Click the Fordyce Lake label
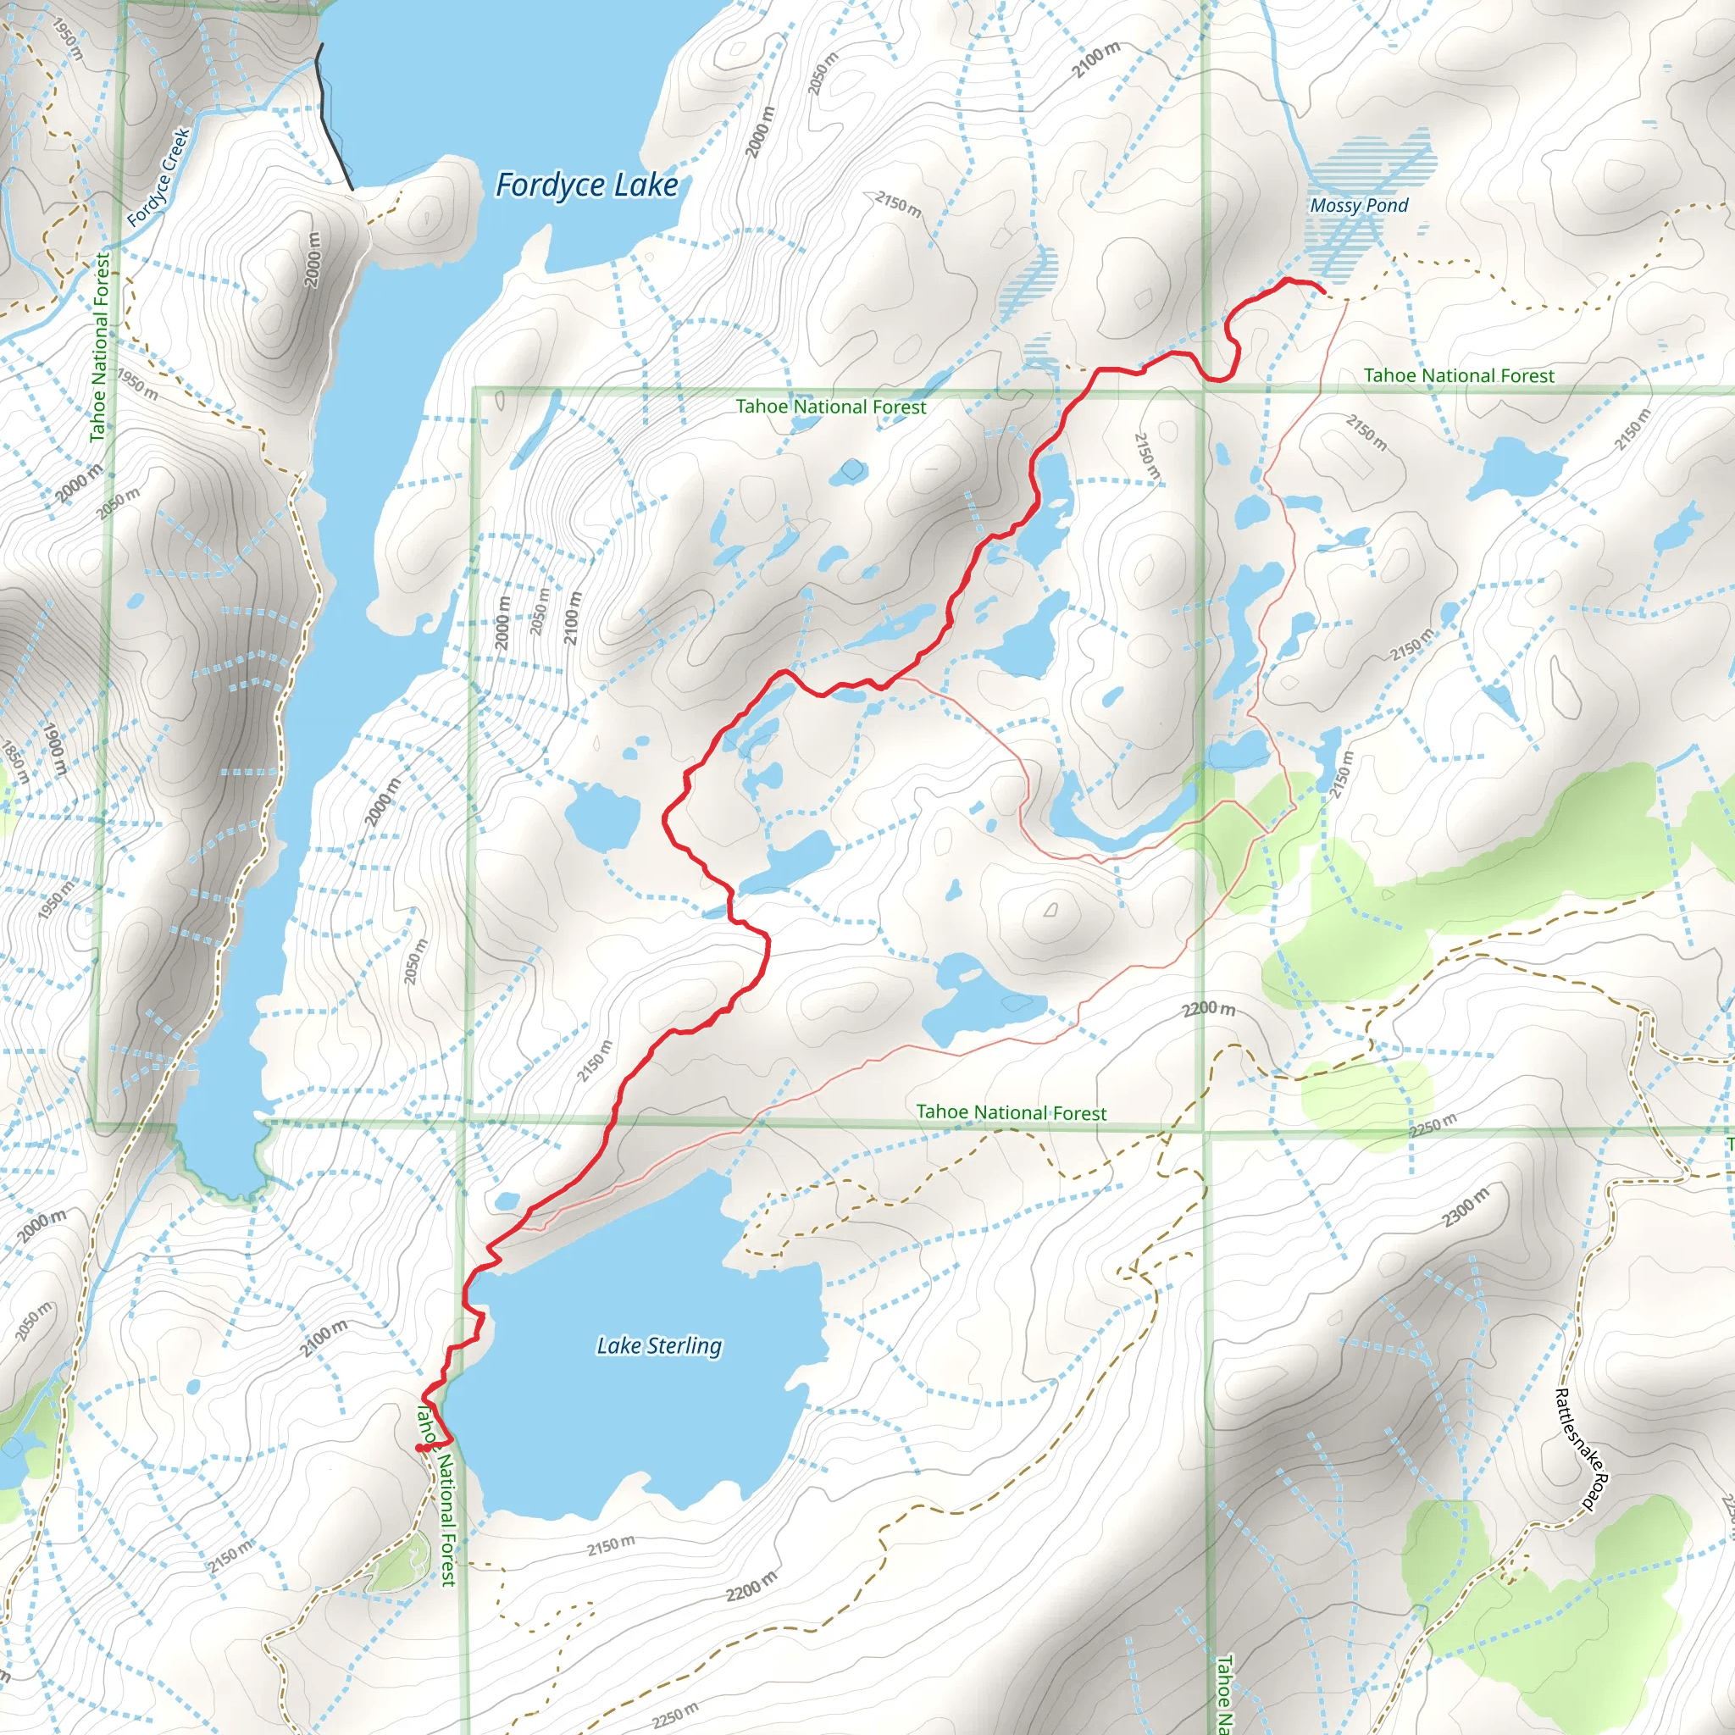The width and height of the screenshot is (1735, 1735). tap(586, 186)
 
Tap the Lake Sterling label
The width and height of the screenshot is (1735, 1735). tap(659, 1345)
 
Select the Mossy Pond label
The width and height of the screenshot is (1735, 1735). tap(1359, 206)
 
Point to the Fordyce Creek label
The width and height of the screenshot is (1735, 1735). tap(159, 177)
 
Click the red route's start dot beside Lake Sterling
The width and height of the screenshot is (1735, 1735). tap(420, 1448)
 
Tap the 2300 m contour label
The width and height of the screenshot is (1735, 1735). tap(1466, 1207)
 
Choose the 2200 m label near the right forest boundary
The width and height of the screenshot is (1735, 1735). tap(1208, 1008)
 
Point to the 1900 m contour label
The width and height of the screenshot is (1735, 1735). tap(55, 749)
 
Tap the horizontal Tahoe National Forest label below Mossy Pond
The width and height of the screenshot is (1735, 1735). tap(1459, 375)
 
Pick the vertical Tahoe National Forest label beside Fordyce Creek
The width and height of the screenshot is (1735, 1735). tap(102, 346)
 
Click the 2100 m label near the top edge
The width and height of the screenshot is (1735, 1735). tap(1096, 59)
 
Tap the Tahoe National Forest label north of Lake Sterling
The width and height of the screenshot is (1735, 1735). tap(1012, 1112)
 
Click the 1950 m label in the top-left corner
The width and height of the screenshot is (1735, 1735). tap(68, 41)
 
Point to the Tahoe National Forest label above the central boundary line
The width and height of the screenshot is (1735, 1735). tap(831, 407)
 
